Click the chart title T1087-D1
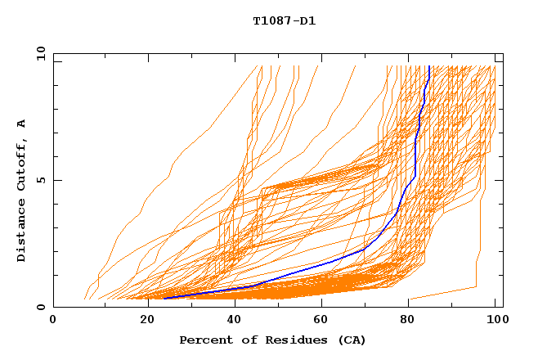pyautogui.click(x=284, y=21)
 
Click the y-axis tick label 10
pyautogui.click(x=40, y=54)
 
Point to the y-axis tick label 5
pyautogui.click(x=40, y=180)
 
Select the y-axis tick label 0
pyautogui.click(x=40, y=307)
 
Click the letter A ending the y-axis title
pyautogui.click(x=22, y=123)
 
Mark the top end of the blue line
pyautogui.click(x=429, y=66)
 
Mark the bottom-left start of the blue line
pyautogui.click(x=164, y=299)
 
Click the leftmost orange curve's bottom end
pyautogui.click(x=84, y=299)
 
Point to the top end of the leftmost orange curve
pyautogui.click(x=262, y=66)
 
